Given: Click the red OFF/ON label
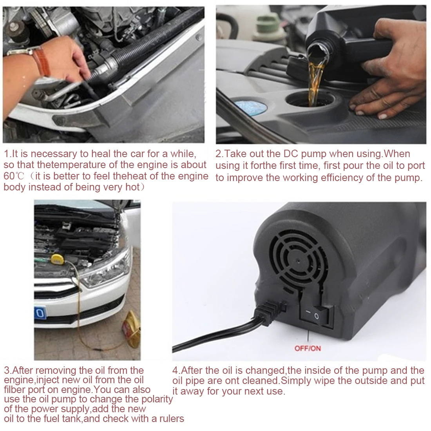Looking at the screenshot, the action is [x=308, y=348].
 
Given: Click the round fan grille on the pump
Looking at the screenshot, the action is [x=298, y=260].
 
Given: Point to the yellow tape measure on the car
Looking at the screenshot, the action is [x=58, y=259].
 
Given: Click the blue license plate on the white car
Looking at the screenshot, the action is [x=40, y=313].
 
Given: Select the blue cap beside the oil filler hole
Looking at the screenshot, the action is [x=251, y=106].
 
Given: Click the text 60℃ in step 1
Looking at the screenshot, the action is [x=14, y=176].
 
